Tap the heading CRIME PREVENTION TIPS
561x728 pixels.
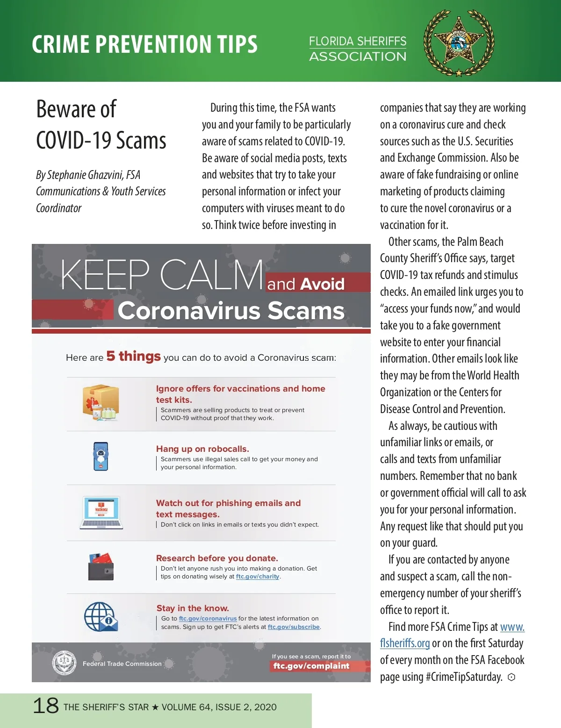click(144, 44)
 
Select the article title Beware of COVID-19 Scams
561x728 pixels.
click(101, 125)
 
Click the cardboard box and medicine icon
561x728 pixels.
click(101, 403)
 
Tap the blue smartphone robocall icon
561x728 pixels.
click(101, 456)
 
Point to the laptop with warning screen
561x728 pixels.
click(101, 513)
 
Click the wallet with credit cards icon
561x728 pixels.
click(101, 566)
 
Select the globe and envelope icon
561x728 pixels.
click(101, 617)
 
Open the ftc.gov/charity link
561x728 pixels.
click(258, 577)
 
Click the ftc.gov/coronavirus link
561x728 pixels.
click(208, 619)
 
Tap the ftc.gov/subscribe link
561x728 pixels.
click(294, 627)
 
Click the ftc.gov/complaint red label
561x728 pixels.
click(311, 666)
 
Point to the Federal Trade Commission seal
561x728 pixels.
click(64, 663)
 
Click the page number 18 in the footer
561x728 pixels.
click(46, 706)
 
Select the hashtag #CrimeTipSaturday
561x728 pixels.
click(463, 677)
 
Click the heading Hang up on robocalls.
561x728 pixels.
click(202, 449)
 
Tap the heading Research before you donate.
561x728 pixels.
click(217, 558)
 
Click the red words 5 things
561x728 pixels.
click(133, 357)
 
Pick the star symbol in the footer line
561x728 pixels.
click(155, 707)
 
